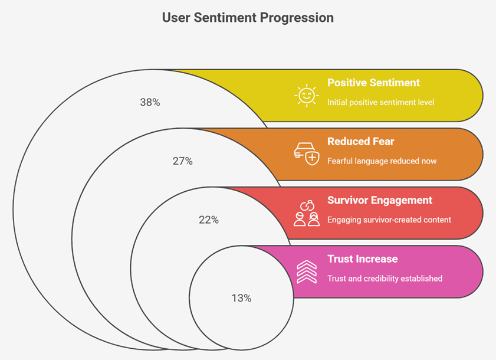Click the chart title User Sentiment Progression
pos(248,18)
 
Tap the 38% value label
pos(150,102)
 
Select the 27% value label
pos(182,161)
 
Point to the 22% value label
pos(209,220)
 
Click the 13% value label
pos(241,298)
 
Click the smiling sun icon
pos(307,95)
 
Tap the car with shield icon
pos(307,154)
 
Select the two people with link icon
pos(307,213)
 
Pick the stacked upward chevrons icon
pos(307,271)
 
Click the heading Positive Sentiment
pos(373,83)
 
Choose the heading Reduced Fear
pos(360,142)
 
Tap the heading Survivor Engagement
pos(380,201)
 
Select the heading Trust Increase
pos(363,259)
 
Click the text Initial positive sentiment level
pos(380,103)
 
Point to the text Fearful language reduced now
pos(382,161)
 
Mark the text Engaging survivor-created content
pos(389,220)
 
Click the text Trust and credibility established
pos(385,279)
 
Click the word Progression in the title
pos(297,18)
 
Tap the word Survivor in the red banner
pos(347,201)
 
